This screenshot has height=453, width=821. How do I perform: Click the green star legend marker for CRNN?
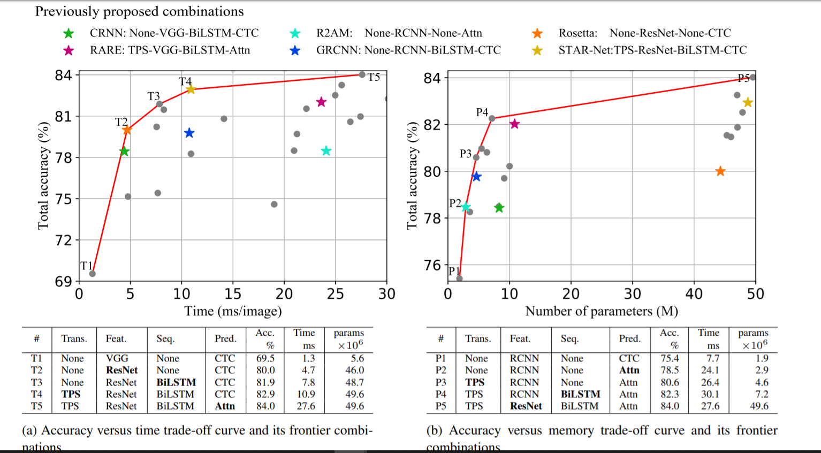69,33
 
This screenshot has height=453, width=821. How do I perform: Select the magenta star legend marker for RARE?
69,50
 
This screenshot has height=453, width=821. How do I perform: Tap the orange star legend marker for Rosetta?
537,33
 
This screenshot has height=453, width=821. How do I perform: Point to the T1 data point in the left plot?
92,274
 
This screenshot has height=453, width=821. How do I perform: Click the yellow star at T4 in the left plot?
191,89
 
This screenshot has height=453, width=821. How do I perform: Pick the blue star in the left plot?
189,133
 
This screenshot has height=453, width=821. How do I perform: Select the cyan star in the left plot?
326,151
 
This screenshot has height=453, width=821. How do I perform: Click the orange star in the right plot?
720,171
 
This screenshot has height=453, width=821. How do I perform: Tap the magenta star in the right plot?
514,124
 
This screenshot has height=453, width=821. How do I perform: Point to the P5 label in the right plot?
743,78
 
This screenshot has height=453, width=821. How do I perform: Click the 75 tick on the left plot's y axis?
63,199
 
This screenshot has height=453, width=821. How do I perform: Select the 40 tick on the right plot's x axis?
694,294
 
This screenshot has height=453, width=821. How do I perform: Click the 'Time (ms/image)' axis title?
233,311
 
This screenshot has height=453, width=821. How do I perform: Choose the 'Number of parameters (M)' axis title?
602,311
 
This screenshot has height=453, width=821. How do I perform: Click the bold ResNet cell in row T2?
121,370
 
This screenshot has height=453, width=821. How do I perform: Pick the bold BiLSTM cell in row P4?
580,394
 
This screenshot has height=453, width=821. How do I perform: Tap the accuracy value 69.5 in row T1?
265,358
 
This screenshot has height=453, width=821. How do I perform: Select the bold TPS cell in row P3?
475,382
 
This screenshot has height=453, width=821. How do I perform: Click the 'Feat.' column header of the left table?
116,338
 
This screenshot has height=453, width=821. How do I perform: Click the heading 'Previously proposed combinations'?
139,11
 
